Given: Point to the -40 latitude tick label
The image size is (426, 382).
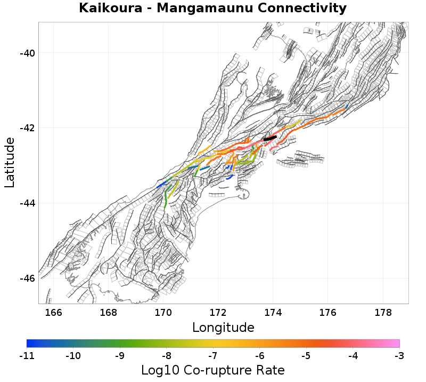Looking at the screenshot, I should [x=25, y=53].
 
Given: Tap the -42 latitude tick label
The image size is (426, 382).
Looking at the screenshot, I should [x=25, y=128].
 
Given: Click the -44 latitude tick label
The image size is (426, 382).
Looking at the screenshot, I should [x=25, y=203].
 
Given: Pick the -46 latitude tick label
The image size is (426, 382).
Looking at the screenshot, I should [x=25, y=278].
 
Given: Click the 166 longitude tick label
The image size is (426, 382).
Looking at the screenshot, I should [x=54, y=312].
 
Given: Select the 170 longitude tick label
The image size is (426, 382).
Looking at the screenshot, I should [x=163, y=312].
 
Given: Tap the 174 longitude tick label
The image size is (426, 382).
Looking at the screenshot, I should [x=273, y=312].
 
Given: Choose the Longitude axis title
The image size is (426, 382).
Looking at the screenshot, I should [x=223, y=327].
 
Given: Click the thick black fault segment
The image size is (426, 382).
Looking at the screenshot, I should [x=270, y=138].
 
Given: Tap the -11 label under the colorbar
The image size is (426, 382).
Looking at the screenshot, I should [x=27, y=355].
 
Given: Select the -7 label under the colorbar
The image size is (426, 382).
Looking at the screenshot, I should [x=213, y=355].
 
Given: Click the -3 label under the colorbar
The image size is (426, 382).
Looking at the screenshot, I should [x=399, y=355].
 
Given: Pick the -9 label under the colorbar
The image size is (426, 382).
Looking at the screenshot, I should [x=120, y=355].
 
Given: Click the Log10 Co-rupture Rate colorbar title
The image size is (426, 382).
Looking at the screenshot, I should [x=213, y=370].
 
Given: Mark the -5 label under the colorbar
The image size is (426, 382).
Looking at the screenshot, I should [x=306, y=355].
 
